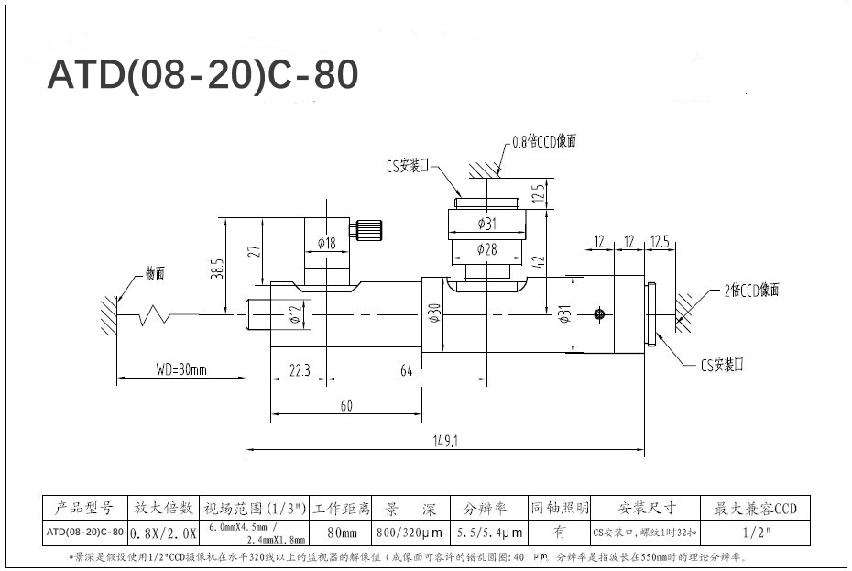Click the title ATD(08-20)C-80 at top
[202, 75]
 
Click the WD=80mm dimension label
[180, 370]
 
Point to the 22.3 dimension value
[300, 370]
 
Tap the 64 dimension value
[406, 370]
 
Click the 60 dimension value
[346, 406]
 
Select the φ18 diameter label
[327, 243]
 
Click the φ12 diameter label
[295, 315]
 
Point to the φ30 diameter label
[434, 313]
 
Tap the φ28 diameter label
[486, 249]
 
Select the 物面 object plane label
[155, 273]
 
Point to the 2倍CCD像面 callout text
[751, 290]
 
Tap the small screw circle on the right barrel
[598, 314]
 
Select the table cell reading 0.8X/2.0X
[163, 532]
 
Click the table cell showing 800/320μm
[409, 532]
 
